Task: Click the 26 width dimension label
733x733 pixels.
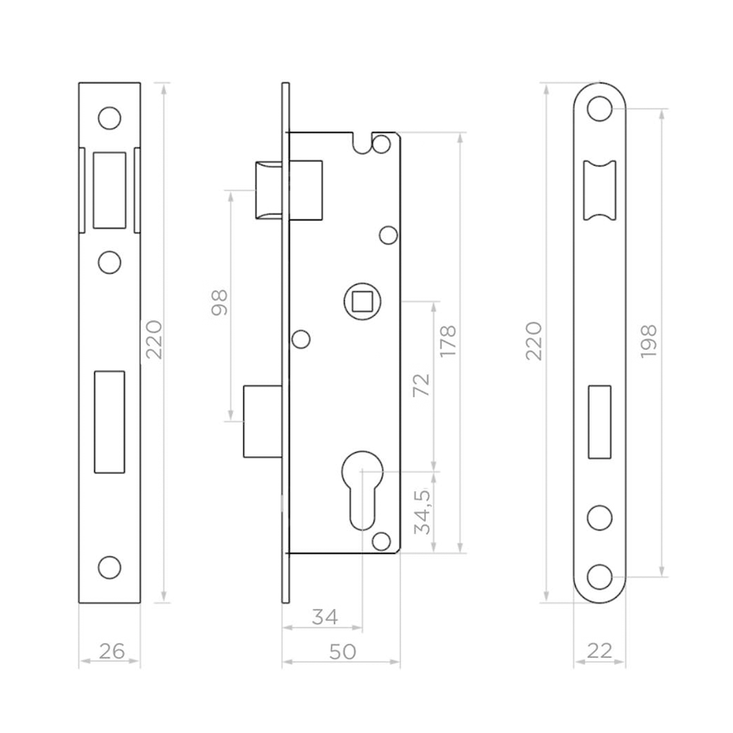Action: click(x=111, y=651)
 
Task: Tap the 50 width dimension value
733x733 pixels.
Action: click(x=342, y=651)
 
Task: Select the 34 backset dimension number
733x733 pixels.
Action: click(x=324, y=618)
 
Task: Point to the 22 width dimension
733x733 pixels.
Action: click(x=599, y=651)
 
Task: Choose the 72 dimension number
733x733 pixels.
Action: click(x=422, y=384)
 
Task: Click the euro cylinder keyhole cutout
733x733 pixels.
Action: click(x=362, y=489)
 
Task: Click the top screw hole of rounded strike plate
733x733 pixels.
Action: click(x=599, y=108)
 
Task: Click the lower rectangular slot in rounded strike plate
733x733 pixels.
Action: click(x=599, y=421)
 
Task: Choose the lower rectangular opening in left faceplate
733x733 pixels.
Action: click(x=109, y=421)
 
